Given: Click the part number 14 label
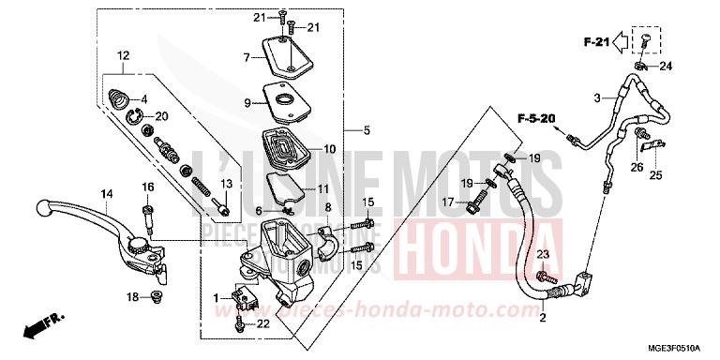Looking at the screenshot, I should pyautogui.click(x=107, y=194).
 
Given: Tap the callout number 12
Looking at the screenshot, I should pyautogui.click(x=121, y=55).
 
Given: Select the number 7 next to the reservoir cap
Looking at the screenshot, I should pyautogui.click(x=247, y=58).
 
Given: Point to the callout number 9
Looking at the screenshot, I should pyautogui.click(x=247, y=103).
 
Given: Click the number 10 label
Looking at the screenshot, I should pyautogui.click(x=330, y=148).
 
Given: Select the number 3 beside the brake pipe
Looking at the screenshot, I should pyautogui.click(x=595, y=97).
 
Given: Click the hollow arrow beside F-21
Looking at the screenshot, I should pyautogui.click(x=622, y=42).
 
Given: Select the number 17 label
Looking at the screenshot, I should pyautogui.click(x=447, y=202).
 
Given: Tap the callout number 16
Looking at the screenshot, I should pyautogui.click(x=147, y=187).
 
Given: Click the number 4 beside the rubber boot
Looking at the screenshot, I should pyautogui.click(x=144, y=99).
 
